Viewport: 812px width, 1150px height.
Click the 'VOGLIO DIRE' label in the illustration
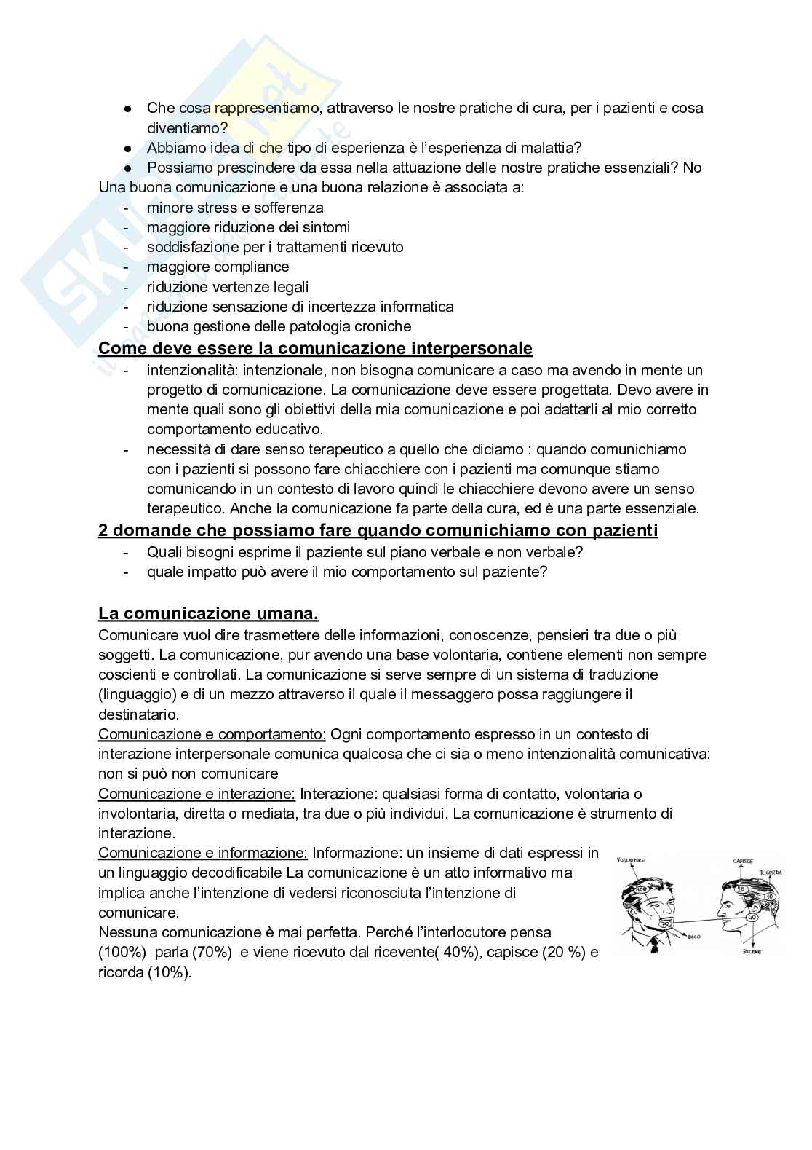pos(631,860)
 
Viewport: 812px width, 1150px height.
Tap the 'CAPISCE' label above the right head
pos(743,861)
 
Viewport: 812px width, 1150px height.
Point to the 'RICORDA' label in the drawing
pos(771,873)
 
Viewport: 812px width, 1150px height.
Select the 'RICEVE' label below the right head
pos(752,952)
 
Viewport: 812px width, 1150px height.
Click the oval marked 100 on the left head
pos(642,889)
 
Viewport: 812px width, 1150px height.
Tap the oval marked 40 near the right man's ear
pos(753,917)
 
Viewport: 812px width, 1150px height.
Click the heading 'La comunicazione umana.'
pos(208,613)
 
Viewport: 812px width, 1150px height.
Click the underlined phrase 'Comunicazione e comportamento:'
pos(212,734)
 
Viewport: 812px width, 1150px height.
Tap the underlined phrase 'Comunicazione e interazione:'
pos(196,794)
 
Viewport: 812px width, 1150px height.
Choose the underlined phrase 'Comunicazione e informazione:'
pos(203,853)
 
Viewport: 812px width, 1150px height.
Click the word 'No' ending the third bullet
pos(692,168)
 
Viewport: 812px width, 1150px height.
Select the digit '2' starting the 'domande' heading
pos(103,530)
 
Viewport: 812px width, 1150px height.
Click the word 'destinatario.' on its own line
pos(138,714)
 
